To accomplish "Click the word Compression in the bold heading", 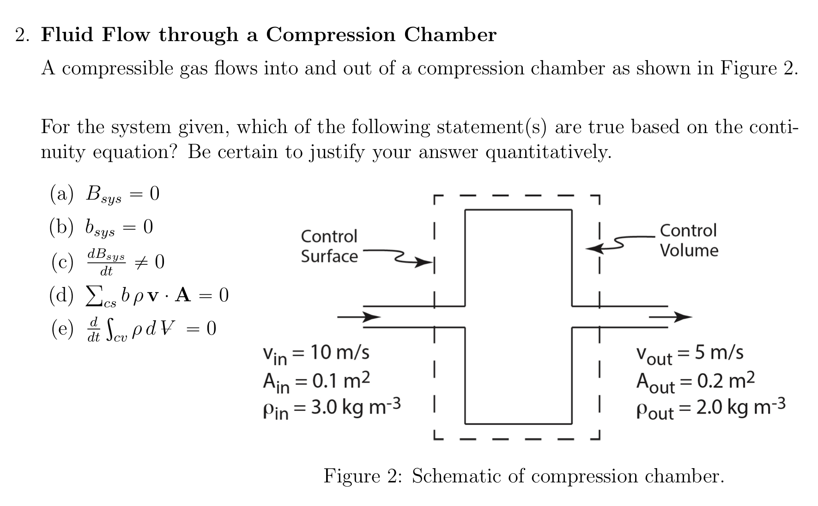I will click(330, 35).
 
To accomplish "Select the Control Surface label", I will click(329, 246).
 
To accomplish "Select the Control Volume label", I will click(689, 240).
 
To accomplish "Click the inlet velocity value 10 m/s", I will click(340, 353).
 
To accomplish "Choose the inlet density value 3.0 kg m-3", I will click(355, 407).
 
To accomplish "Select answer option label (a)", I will click(61, 194).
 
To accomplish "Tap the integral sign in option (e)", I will click(110, 329).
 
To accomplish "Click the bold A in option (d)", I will click(183, 295).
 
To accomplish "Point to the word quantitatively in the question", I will click(547, 152).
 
